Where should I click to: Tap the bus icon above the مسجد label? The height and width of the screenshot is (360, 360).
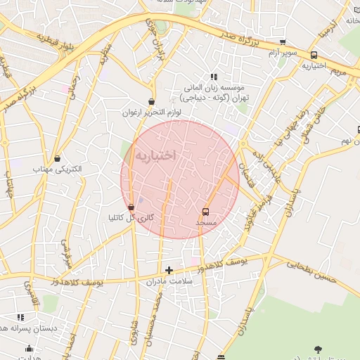tap(206, 211)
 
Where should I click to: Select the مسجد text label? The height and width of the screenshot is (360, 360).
tap(206, 222)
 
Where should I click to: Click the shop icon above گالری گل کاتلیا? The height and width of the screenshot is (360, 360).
tap(131, 207)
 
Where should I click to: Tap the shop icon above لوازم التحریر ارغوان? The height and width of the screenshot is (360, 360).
tap(152, 101)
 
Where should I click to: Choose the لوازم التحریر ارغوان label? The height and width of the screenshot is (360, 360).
tap(152, 112)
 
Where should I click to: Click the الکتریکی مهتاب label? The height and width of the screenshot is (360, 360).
tap(57, 169)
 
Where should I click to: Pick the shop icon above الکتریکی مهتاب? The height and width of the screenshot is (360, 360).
tap(57, 159)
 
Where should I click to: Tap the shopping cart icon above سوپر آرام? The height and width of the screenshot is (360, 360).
tap(283, 43)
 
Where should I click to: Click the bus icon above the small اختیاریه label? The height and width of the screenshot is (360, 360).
tap(314, 55)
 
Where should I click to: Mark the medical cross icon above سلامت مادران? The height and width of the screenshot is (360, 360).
tap(169, 269)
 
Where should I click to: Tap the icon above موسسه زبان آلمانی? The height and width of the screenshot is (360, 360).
tap(214, 77)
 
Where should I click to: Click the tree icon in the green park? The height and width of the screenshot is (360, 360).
tap(318, 348)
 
